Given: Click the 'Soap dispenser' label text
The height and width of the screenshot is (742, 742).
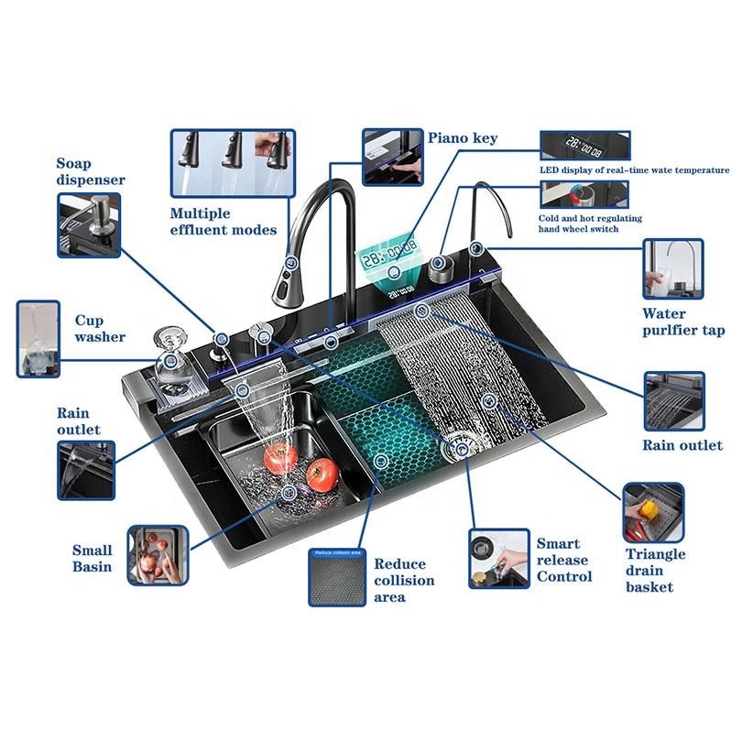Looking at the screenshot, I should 91,172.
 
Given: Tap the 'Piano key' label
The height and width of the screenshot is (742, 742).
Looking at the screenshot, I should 463,138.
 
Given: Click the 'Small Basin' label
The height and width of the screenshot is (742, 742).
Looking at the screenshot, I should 93,558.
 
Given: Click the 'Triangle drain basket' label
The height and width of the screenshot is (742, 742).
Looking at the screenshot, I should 656,570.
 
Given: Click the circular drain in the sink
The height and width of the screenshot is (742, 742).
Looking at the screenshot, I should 458,450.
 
